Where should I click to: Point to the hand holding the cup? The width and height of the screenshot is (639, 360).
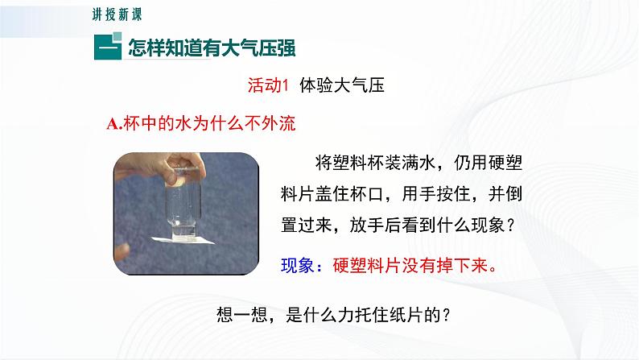[x=152, y=170]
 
